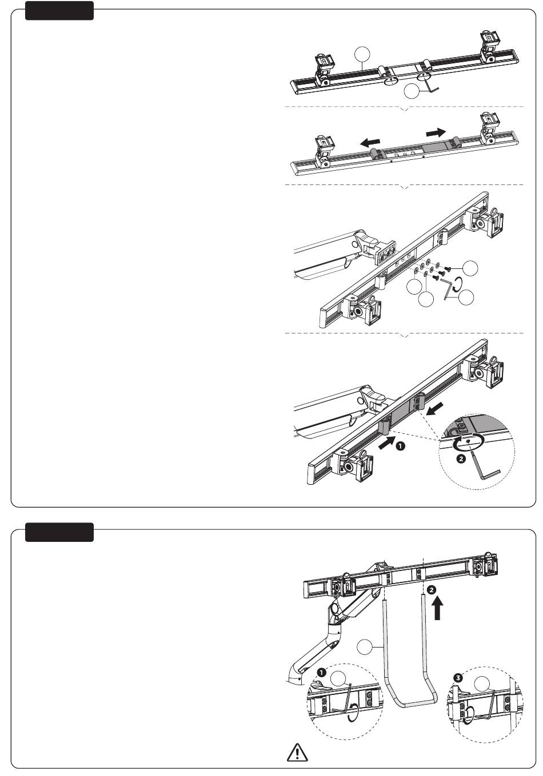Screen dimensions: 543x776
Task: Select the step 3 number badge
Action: (x=457, y=678)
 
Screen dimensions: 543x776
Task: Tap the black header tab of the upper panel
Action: (x=59, y=11)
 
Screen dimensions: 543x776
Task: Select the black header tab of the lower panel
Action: (x=59, y=532)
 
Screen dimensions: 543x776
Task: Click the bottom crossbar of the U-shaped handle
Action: (x=412, y=705)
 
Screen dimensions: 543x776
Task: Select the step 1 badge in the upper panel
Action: (x=401, y=445)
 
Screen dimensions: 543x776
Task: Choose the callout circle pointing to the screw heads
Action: (x=472, y=268)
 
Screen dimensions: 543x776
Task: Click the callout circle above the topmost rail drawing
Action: (x=362, y=55)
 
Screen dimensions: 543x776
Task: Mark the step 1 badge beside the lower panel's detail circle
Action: (x=321, y=672)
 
